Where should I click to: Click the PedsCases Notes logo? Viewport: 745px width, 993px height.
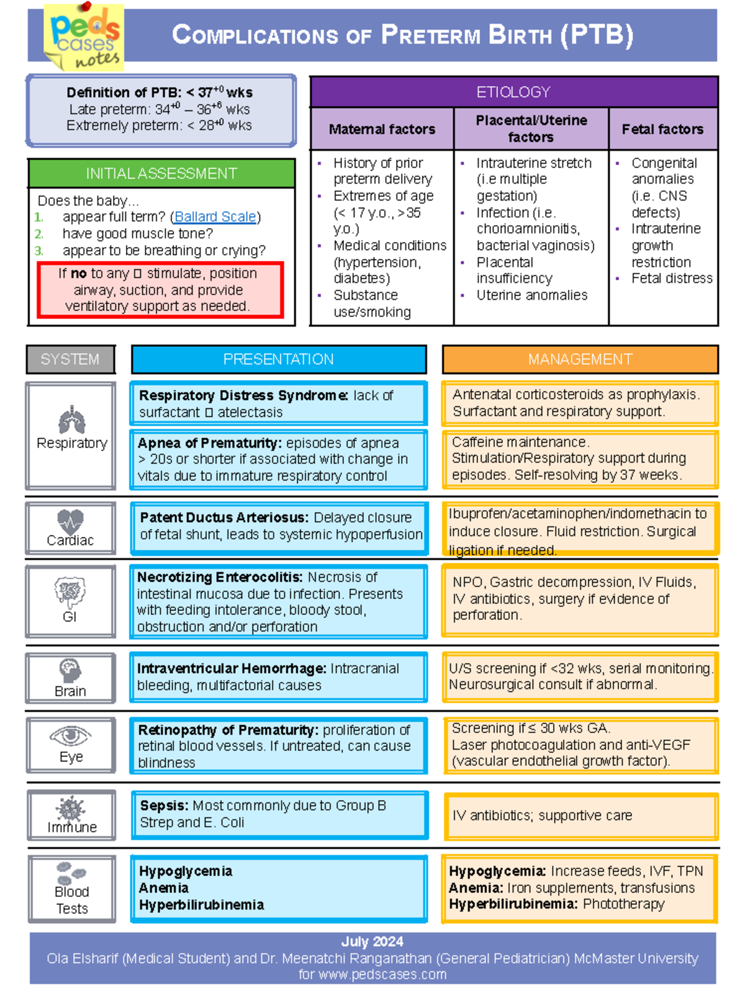click(84, 37)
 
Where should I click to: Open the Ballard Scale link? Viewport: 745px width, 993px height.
click(215, 217)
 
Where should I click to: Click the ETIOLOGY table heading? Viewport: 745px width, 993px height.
click(513, 92)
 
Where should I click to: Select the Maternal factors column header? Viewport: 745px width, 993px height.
click(382, 129)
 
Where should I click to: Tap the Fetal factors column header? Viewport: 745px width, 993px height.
click(662, 129)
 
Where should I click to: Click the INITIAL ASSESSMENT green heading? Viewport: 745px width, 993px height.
click(161, 173)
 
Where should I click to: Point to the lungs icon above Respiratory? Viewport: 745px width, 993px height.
click(71, 420)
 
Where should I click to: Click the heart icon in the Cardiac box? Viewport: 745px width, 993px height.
click(70, 520)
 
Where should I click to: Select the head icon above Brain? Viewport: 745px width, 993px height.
click(70, 670)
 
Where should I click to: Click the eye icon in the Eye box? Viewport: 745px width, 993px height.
click(71, 736)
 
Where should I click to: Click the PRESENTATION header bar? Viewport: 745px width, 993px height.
click(279, 359)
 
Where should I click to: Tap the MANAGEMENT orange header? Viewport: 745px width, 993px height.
click(580, 359)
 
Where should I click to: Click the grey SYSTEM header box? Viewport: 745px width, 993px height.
click(70, 359)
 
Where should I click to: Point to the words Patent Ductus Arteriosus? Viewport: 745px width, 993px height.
click(224, 518)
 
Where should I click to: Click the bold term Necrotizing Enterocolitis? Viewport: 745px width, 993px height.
click(220, 577)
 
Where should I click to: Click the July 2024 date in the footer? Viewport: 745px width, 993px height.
click(372, 941)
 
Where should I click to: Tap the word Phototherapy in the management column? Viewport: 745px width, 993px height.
click(623, 904)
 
